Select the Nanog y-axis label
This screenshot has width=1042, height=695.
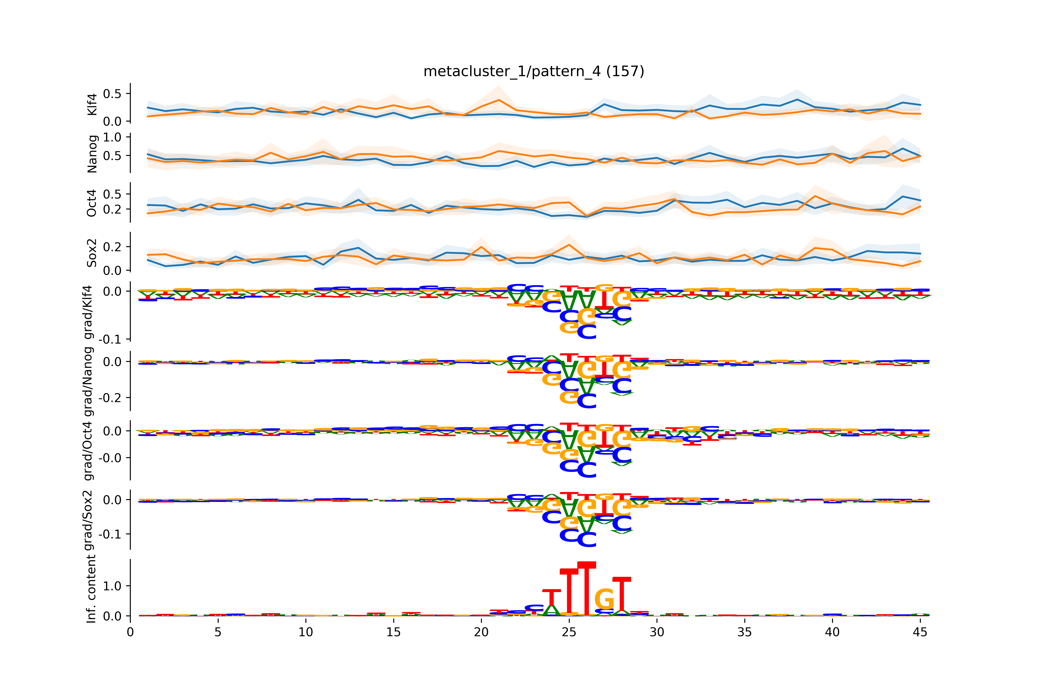point(92,154)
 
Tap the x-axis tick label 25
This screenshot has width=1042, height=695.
point(569,632)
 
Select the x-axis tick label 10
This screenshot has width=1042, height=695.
point(306,632)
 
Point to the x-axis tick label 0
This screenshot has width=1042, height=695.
point(130,632)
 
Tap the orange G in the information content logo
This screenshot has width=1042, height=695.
point(604,600)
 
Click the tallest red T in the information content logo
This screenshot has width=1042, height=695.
point(587,589)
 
